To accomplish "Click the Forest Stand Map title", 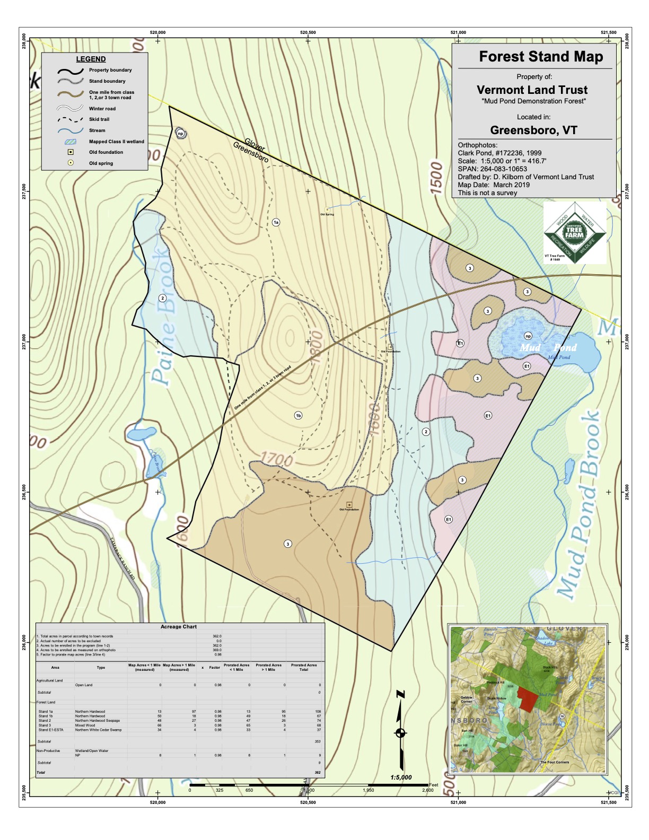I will [541, 57].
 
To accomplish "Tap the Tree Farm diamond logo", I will [574, 233].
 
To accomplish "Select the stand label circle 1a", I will [276, 222].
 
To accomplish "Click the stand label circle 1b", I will [299, 416].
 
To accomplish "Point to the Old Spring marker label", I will [327, 214].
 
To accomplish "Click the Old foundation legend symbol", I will [71, 152].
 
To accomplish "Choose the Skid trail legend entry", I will [99, 119].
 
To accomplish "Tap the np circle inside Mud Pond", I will [528, 336].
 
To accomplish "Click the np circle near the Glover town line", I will [180, 134].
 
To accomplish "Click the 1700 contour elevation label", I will [276, 459].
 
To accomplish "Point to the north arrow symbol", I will [401, 732].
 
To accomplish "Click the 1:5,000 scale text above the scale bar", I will [401, 777].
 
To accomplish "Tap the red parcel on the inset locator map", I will [528, 699].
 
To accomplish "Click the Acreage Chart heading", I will [179, 627].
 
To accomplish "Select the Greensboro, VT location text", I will [533, 130].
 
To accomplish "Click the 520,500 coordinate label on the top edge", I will [308, 32].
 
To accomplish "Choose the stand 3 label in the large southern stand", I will [288, 544].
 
